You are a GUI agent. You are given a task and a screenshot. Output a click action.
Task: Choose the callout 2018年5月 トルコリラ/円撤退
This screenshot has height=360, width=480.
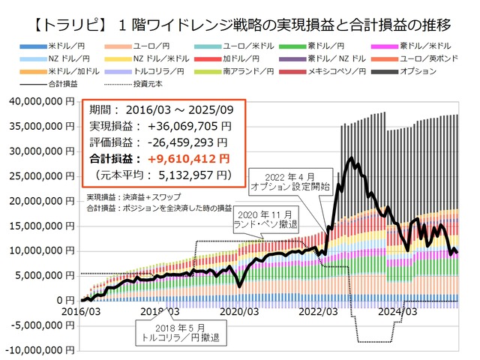tap(178, 331)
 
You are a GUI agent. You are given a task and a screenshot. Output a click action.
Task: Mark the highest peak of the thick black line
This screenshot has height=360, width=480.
tap(349, 158)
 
